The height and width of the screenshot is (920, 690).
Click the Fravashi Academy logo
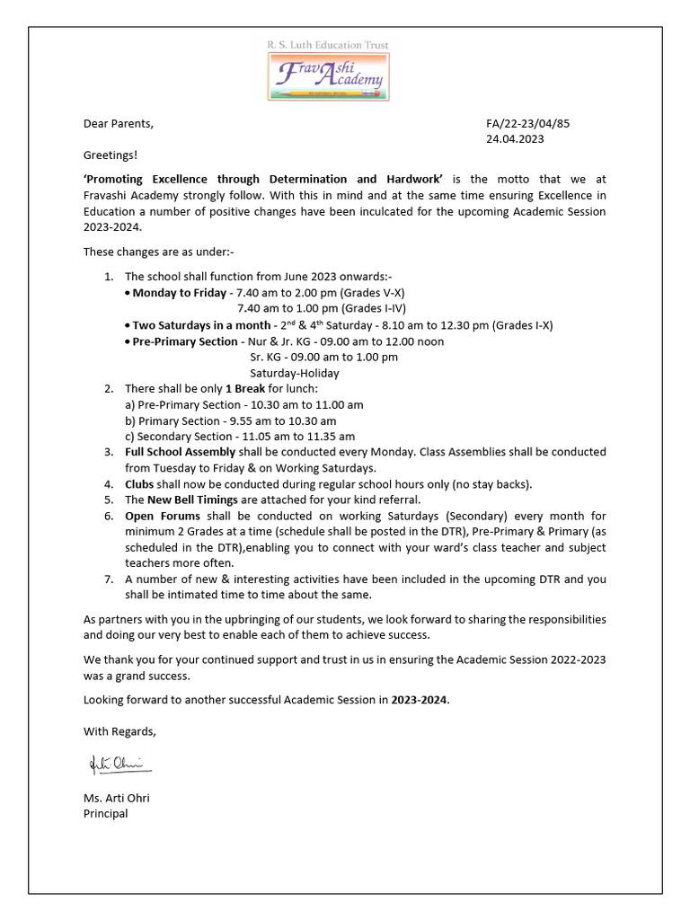click(x=329, y=76)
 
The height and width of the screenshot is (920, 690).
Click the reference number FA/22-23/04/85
click(x=527, y=123)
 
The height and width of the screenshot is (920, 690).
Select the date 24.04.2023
click(x=514, y=139)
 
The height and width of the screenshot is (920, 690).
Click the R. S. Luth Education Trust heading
click(x=329, y=43)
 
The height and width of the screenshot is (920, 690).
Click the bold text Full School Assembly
click(x=180, y=452)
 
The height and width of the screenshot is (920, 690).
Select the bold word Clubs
click(x=140, y=483)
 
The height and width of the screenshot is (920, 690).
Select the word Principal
click(x=105, y=813)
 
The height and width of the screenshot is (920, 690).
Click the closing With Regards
click(x=119, y=730)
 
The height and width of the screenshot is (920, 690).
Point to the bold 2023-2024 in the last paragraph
click(x=419, y=699)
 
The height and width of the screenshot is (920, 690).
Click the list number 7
click(x=108, y=579)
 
